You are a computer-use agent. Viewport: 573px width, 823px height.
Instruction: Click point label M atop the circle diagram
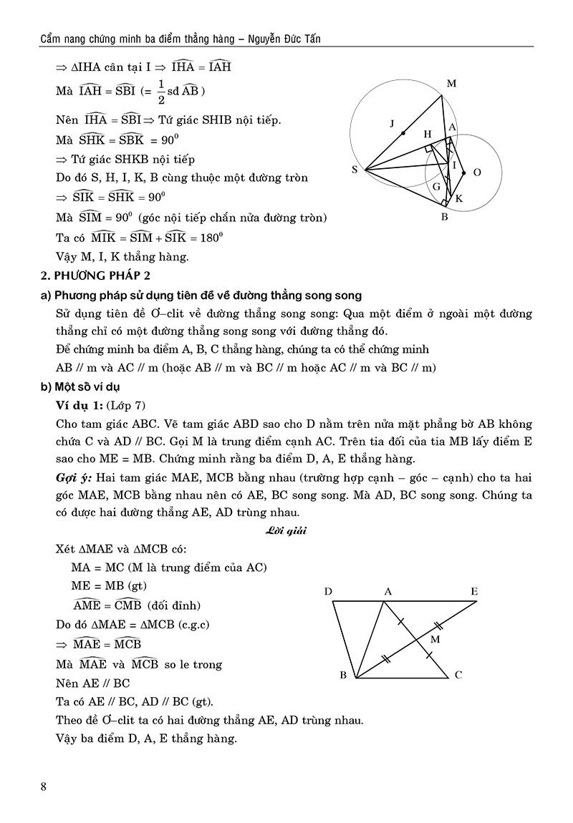(451, 84)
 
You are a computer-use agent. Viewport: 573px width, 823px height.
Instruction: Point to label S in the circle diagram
(355, 170)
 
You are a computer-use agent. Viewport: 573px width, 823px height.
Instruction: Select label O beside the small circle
(477, 172)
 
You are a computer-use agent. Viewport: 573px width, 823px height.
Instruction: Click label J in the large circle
(392, 124)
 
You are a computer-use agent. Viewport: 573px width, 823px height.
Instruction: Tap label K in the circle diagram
(459, 198)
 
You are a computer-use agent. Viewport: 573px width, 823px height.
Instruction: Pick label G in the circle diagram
(435, 187)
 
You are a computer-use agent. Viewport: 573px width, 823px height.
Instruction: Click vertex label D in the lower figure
(327, 591)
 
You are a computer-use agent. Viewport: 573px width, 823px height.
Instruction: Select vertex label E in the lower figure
(474, 591)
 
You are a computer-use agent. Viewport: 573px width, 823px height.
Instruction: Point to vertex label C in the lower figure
(458, 675)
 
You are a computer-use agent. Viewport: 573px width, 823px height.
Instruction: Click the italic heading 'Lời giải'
(286, 530)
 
